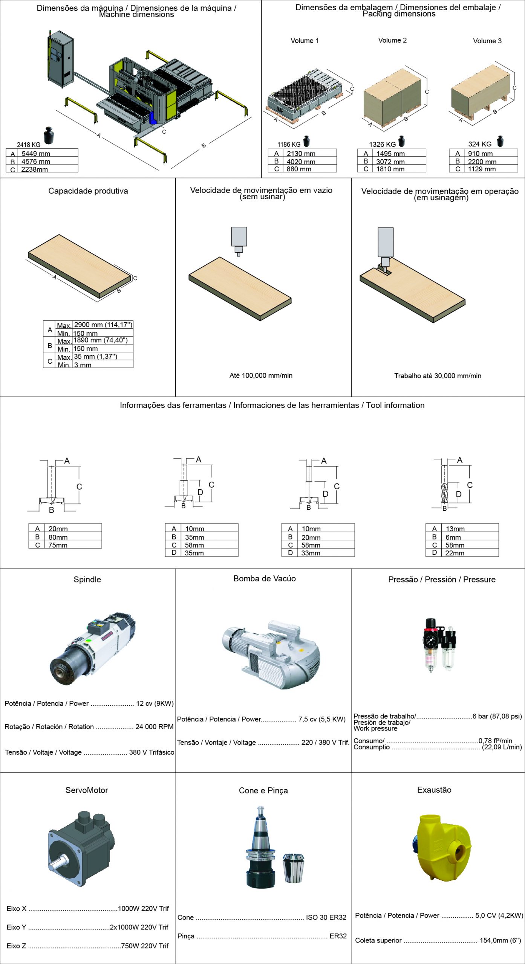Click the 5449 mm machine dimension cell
[x=36, y=154]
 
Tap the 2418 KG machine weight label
[x=29, y=145]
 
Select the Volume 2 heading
[x=392, y=40]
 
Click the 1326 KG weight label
[x=383, y=144]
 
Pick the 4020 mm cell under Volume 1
[x=301, y=162]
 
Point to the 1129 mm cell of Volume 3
[x=482, y=169]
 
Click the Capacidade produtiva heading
[x=88, y=191]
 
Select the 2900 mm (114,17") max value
[x=103, y=325]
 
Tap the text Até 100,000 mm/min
[x=261, y=375]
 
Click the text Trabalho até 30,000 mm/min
[x=438, y=376]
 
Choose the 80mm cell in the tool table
[x=58, y=537]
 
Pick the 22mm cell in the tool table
[x=455, y=553]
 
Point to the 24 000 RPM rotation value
[x=155, y=727]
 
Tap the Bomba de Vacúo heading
[x=265, y=579]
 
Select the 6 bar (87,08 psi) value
[x=497, y=716]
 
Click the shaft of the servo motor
[x=58, y=862]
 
